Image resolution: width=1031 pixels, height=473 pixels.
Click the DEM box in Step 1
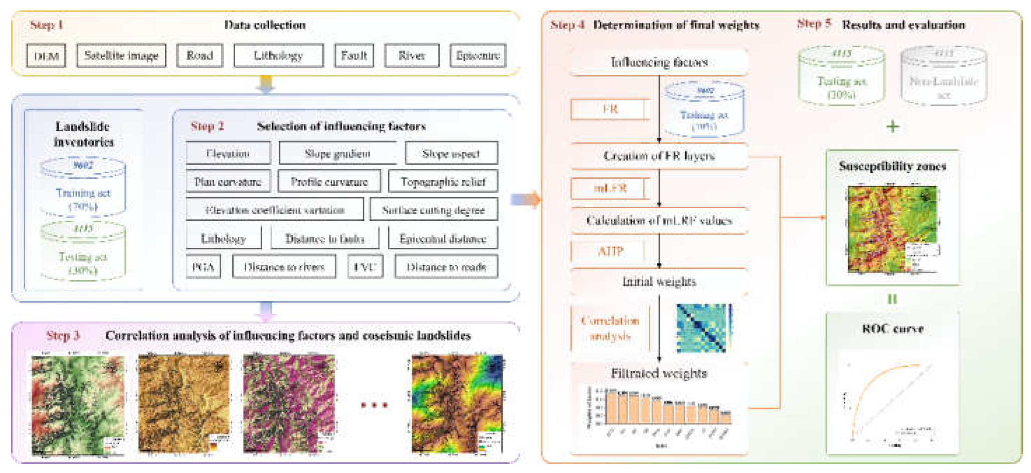pos(46,56)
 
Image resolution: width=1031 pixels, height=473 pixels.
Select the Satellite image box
pos(121,56)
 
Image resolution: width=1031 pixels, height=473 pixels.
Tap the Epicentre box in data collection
pos(478,56)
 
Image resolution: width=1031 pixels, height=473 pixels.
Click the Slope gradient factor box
pos(337,153)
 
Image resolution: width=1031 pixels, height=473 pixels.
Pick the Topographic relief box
pos(443,182)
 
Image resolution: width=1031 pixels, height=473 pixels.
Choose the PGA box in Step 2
pos(203,267)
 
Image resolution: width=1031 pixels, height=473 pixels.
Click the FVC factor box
pos(365,267)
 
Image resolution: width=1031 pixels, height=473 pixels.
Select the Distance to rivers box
pos(284,267)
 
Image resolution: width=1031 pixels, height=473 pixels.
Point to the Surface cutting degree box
pos(433,210)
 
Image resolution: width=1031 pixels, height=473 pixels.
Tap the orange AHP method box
pos(610,251)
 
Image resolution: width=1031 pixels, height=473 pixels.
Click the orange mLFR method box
pos(610,188)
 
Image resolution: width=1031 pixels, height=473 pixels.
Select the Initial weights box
pos(659,282)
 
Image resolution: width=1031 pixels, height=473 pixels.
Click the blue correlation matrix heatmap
pos(704,328)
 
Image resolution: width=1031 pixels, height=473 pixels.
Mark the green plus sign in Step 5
pos(892,126)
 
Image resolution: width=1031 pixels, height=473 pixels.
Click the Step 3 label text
pos(63,335)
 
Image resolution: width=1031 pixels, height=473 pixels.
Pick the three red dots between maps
pos(374,405)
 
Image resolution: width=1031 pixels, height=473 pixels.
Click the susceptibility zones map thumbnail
pos(892,229)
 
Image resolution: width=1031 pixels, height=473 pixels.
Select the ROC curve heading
pos(892,329)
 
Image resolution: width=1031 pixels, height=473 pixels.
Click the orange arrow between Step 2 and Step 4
pos(526,200)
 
